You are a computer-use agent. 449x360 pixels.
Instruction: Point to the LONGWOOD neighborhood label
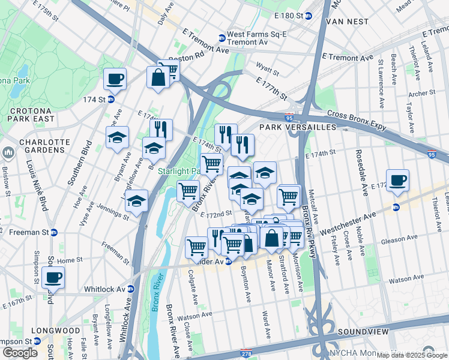coord(56,331)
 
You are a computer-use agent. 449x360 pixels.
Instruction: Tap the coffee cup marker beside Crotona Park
coord(115,79)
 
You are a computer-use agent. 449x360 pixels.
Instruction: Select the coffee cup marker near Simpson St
coord(53,278)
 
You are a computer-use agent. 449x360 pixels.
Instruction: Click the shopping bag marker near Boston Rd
coord(158,77)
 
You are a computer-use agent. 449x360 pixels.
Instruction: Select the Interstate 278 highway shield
coord(246,353)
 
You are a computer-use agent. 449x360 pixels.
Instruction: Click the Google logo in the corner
coord(20,353)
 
